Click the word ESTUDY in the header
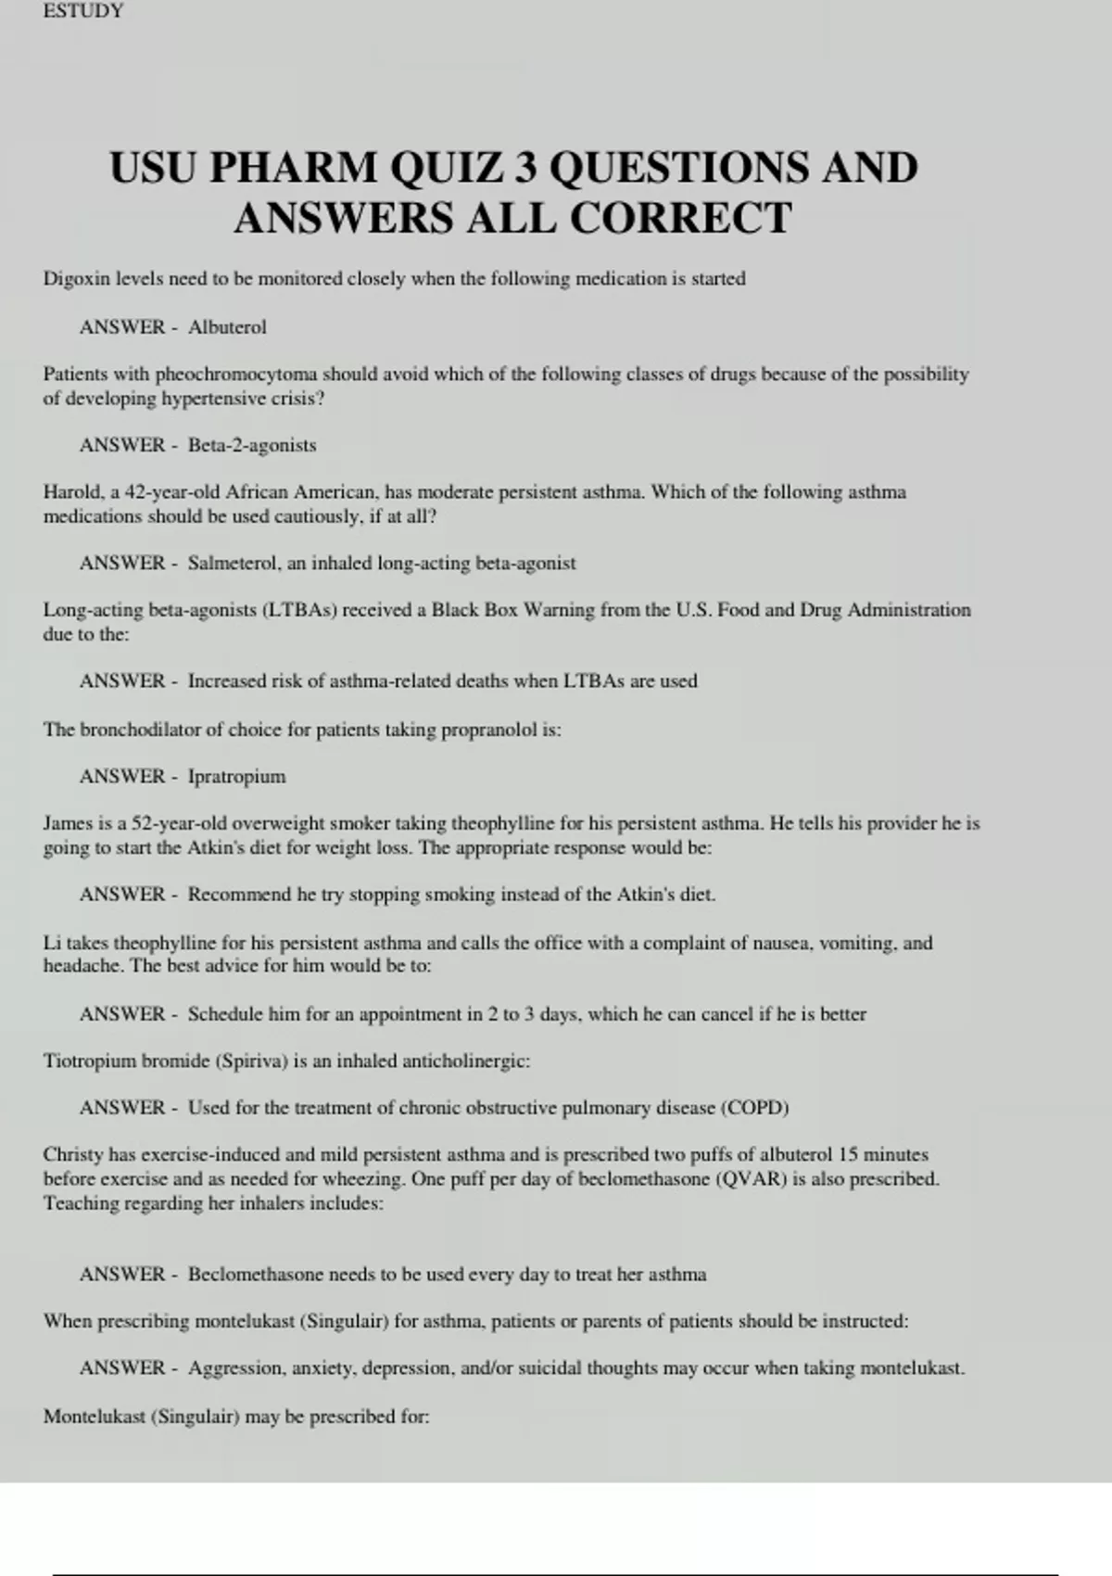click(x=82, y=11)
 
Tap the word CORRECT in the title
click(x=680, y=219)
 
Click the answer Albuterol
click(x=227, y=327)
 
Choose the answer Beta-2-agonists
click(x=252, y=445)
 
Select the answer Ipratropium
click(x=236, y=776)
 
